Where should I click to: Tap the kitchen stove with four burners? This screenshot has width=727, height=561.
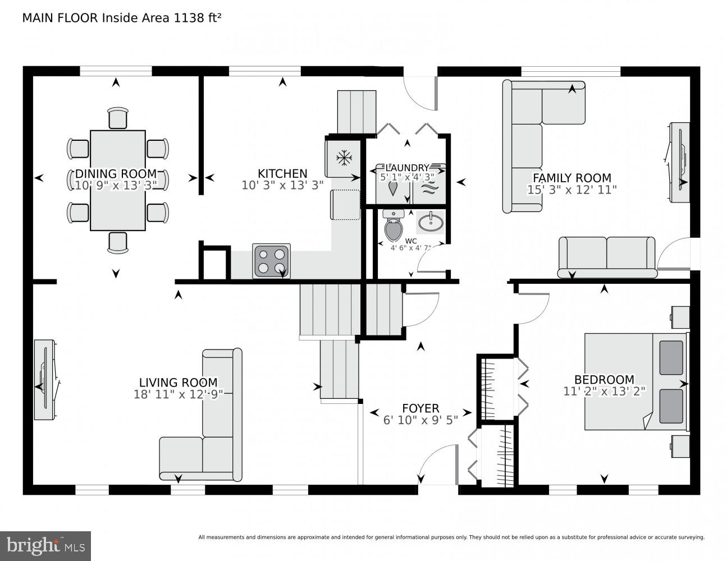pos(271,261)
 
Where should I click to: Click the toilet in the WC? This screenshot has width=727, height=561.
pos(394,226)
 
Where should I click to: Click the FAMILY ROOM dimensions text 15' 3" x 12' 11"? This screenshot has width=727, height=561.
pos(571,190)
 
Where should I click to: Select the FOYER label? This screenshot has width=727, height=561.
pos(420,408)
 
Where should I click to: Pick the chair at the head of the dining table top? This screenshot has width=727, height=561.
pos(118,118)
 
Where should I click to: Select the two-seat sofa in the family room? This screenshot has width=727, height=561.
pos(607,256)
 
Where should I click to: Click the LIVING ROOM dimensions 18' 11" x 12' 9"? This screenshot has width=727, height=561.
pos(179,394)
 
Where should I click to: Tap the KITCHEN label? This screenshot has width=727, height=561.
pos(282,173)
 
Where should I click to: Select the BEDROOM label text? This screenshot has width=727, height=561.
pos(604,379)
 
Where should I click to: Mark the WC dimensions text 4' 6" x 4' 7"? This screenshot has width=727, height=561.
pos(411,247)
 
